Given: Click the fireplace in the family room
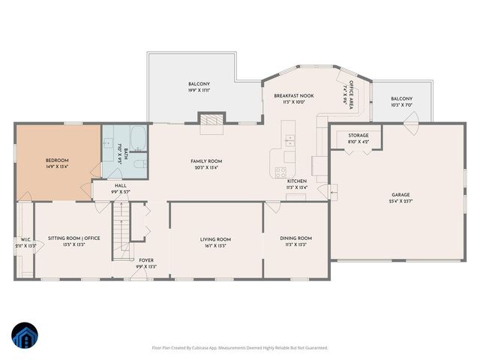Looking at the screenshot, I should tap(211, 120).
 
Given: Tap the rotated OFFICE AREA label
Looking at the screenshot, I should tap(349, 94).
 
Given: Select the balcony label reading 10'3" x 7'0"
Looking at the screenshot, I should tap(402, 102).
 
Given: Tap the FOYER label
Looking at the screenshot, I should tap(145, 262).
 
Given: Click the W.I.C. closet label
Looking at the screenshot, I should tap(24, 243).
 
